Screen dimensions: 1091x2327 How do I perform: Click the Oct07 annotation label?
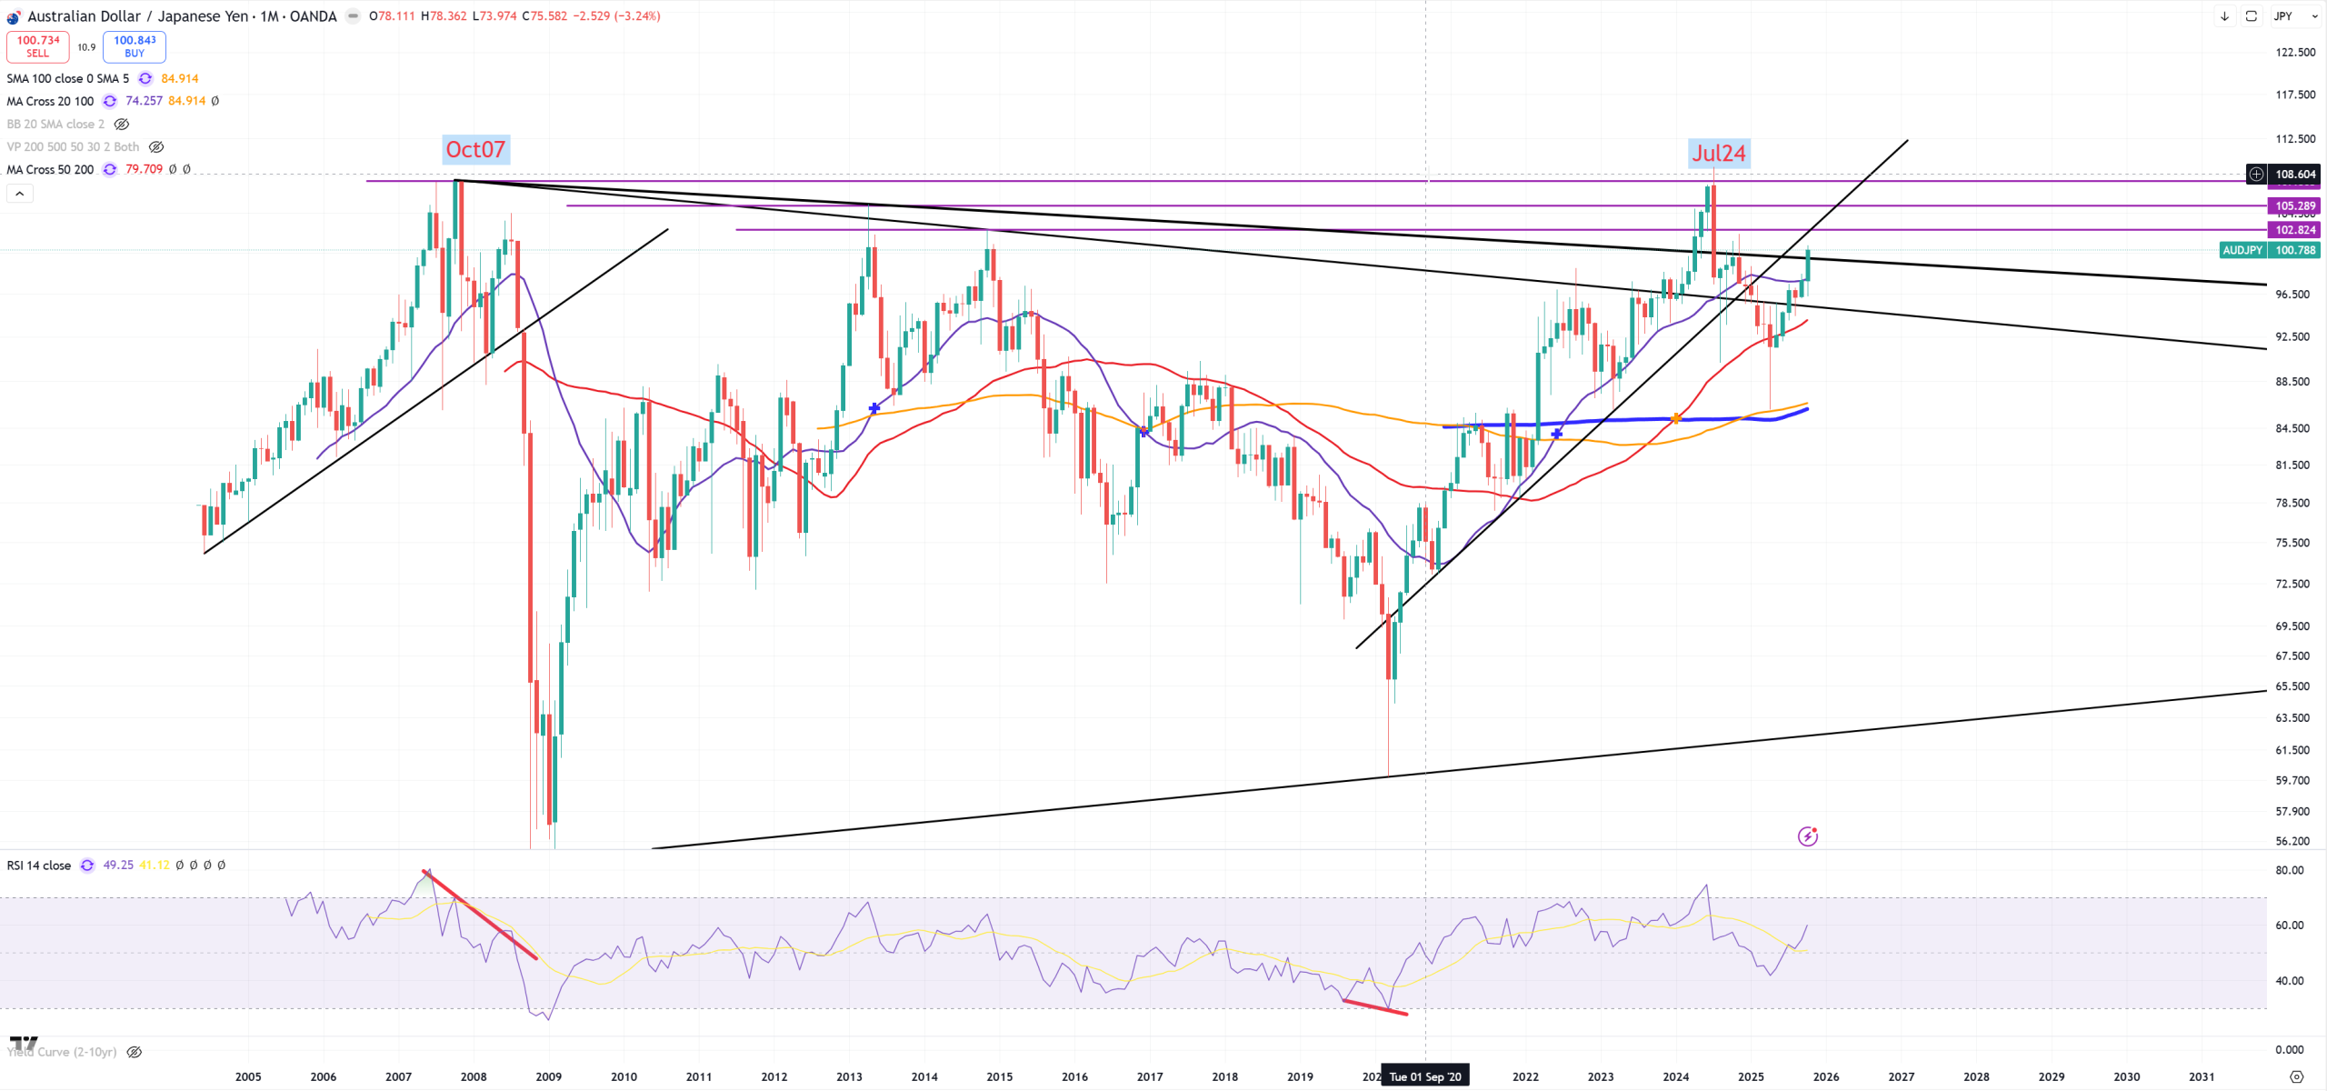pyautogui.click(x=474, y=150)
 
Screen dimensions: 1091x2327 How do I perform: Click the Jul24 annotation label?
pyautogui.click(x=1718, y=154)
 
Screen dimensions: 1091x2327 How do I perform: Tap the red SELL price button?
pyautogui.click(x=38, y=46)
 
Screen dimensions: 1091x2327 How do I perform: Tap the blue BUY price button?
pyautogui.click(x=135, y=46)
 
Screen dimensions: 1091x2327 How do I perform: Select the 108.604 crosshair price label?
pyautogui.click(x=2294, y=175)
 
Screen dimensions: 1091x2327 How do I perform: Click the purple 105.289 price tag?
pyautogui.click(x=2294, y=206)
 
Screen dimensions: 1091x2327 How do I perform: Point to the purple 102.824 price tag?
pyautogui.click(x=2294, y=230)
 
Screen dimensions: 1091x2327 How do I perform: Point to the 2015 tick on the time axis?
pyautogui.click(x=999, y=1077)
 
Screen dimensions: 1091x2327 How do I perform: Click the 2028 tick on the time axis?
pyautogui.click(x=1976, y=1077)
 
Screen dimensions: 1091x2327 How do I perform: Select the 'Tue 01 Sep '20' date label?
pyautogui.click(x=1424, y=1077)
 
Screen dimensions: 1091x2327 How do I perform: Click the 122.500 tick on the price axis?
pyautogui.click(x=2294, y=53)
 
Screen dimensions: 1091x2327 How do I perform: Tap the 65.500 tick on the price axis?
pyautogui.click(x=2292, y=687)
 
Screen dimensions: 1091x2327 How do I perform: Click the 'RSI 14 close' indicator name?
pyautogui.click(x=39, y=866)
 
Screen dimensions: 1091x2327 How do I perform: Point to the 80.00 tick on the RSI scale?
pyautogui.click(x=2289, y=871)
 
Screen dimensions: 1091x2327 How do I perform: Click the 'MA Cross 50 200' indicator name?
pyautogui.click(x=50, y=170)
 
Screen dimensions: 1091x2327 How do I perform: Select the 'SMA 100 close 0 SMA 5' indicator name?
pyautogui.click(x=67, y=79)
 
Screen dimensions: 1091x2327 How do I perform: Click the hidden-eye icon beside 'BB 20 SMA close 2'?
pyautogui.click(x=122, y=125)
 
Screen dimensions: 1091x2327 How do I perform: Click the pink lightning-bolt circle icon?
pyautogui.click(x=1807, y=836)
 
